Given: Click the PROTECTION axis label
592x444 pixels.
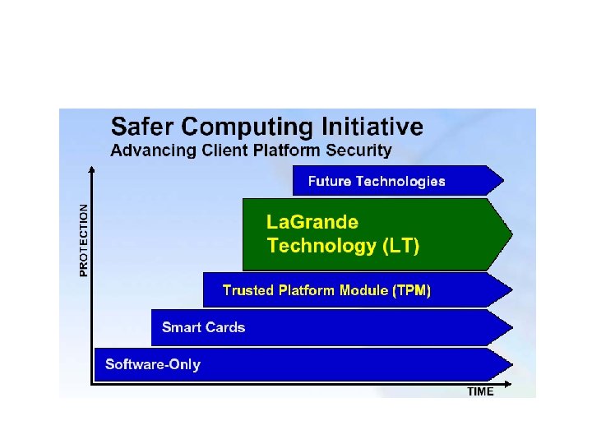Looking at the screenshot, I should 83,240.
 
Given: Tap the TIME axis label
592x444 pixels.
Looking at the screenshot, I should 480,392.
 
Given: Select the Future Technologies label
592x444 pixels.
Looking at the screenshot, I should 377,182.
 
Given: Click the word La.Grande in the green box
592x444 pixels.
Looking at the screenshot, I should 312,222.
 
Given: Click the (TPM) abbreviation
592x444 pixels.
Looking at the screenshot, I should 411,290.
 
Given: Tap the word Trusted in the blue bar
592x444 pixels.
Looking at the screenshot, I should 248,290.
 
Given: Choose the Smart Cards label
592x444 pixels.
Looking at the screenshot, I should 203,327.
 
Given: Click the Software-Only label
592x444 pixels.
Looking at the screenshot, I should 152,364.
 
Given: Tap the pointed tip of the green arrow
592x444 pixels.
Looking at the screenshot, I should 511,234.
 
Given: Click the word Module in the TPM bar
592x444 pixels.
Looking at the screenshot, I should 363,290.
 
